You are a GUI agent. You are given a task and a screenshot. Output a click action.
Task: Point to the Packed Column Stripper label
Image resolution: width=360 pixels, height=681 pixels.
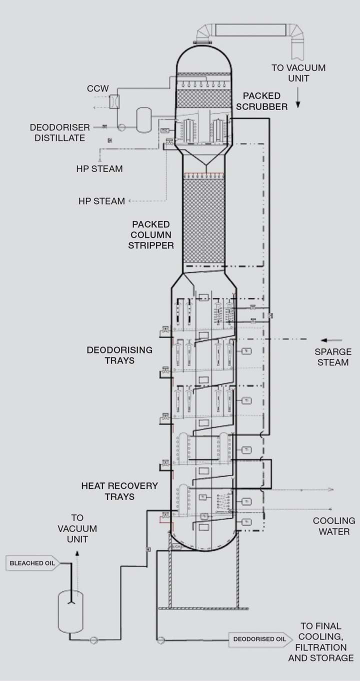[x=151, y=235]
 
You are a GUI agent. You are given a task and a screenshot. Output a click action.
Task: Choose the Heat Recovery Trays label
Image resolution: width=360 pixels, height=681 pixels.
[x=119, y=491]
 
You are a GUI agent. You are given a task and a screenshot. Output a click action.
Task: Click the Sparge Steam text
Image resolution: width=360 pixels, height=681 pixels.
[x=333, y=357]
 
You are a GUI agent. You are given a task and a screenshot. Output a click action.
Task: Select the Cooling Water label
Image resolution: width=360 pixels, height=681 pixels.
[x=334, y=526]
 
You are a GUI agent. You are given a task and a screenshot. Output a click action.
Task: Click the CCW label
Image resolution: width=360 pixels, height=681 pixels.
[x=95, y=89]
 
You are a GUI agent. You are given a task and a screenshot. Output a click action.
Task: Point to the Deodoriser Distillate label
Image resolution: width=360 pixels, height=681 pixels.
[x=59, y=133]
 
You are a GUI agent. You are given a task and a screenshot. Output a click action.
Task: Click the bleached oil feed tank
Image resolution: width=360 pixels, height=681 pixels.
[x=70, y=612]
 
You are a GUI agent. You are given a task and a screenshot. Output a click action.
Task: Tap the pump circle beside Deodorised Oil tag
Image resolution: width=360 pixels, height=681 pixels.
[x=160, y=639]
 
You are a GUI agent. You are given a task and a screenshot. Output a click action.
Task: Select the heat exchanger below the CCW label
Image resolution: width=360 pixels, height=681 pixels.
[x=114, y=101]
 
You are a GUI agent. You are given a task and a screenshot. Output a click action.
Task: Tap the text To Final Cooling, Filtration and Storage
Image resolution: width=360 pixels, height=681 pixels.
[x=320, y=641]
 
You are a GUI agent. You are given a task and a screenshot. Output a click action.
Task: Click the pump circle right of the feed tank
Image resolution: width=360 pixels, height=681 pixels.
[x=93, y=639]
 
